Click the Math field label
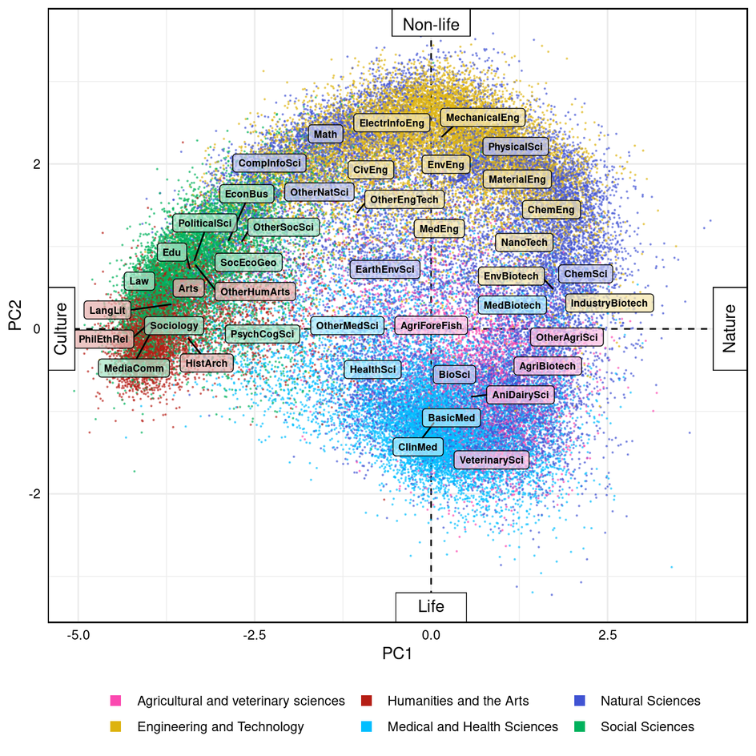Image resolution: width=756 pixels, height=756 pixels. click(326, 135)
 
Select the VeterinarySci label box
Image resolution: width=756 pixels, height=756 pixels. click(492, 460)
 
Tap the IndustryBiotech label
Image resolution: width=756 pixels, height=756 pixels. click(609, 304)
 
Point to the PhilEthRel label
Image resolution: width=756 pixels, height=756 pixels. click(104, 340)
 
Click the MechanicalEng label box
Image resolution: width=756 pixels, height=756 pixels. click(482, 118)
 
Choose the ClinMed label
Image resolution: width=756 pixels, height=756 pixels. click(416, 447)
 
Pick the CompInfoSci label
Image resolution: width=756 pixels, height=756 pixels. click(270, 163)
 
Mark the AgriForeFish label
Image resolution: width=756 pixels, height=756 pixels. click(431, 325)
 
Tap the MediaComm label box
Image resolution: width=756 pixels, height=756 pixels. click(134, 368)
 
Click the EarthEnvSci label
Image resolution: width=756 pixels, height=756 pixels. click(385, 270)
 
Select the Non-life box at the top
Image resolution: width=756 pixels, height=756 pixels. click(431, 25)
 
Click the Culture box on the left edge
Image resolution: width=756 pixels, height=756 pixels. click(62, 328)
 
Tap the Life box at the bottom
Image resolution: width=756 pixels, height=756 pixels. click(431, 607)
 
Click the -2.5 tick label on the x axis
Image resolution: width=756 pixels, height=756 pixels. click(255, 635)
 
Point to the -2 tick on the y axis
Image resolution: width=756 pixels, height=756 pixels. click(33, 494)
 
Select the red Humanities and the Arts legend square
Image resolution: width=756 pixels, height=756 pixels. click(367, 702)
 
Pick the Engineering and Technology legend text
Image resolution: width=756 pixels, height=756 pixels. click(220, 727)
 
